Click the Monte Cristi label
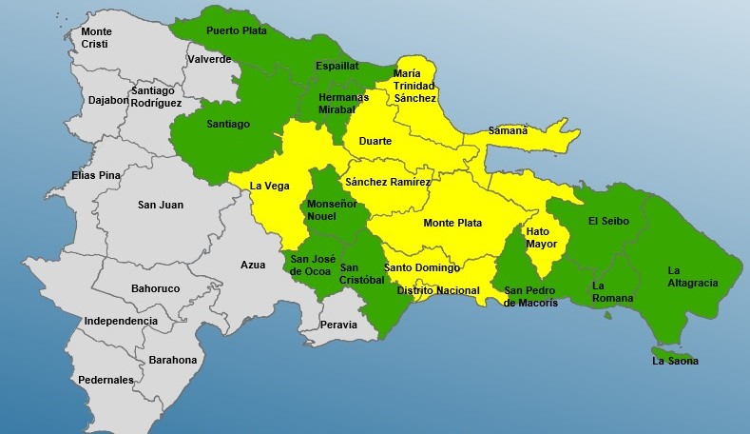tap(94, 38)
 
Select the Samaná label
tap(508, 130)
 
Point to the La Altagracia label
tap(692, 276)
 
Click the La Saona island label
tap(675, 361)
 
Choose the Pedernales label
tap(106, 380)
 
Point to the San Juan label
tap(161, 205)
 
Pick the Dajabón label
tap(106, 99)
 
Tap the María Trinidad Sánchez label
tap(414, 86)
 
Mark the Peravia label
tap(339, 325)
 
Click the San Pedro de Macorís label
tap(530, 297)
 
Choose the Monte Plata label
tap(452, 224)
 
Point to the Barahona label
tap(173, 360)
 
